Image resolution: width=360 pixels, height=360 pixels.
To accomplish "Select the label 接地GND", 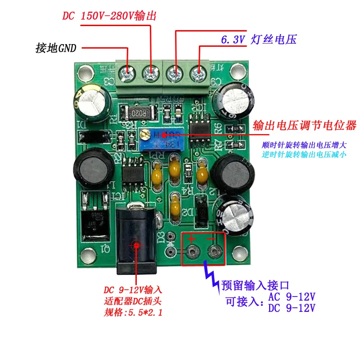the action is pyautogui.click(x=56, y=48).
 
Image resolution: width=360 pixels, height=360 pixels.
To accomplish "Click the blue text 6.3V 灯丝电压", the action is pyautogui.click(x=258, y=40).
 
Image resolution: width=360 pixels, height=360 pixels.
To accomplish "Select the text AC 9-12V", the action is pyautogui.click(x=292, y=297).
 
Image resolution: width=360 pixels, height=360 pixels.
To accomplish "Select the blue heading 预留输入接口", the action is pyautogui.click(x=254, y=285).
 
